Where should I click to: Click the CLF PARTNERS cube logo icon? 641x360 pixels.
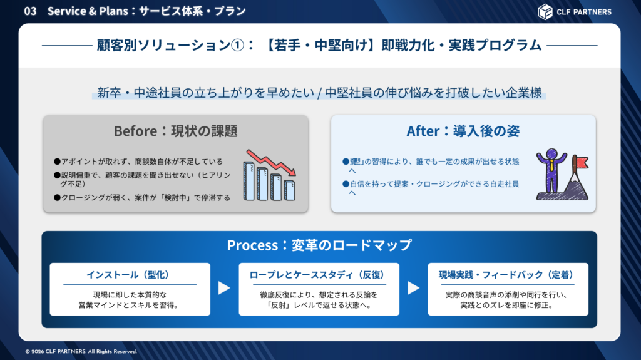(545, 11)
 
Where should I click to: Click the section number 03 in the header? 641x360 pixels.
(30, 11)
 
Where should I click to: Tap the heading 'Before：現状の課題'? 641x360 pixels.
(175, 131)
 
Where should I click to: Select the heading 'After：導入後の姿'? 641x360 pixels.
(463, 131)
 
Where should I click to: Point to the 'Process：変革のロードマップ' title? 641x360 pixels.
(319, 245)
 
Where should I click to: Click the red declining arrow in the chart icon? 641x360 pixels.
(270, 162)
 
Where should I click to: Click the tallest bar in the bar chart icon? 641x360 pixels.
(249, 180)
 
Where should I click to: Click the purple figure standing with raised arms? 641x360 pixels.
(551, 170)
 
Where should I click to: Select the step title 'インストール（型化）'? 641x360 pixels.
(128, 275)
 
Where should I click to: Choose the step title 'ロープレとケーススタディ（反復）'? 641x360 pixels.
(317, 275)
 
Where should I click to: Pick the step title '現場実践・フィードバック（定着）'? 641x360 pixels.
(506, 275)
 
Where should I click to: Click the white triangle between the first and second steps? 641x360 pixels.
(223, 288)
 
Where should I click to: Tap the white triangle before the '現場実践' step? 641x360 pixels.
(413, 288)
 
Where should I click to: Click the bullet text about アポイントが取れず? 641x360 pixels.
(138, 162)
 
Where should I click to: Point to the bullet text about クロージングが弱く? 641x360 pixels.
(142, 198)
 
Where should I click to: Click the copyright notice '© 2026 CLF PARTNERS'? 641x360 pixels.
(81, 351)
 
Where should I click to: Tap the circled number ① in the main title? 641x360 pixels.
(237, 46)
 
